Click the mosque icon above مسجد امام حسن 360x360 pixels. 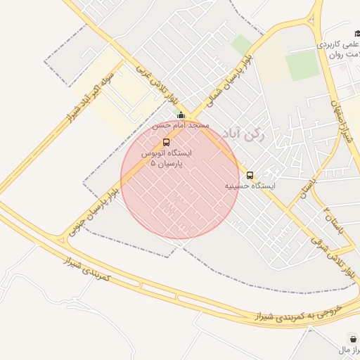(181, 115)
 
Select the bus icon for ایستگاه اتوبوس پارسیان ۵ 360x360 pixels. (166, 142)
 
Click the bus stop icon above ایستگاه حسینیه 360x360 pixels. (250, 175)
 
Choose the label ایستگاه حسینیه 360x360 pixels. (250, 186)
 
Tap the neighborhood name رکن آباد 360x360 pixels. (243, 135)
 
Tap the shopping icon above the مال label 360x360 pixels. (351, 338)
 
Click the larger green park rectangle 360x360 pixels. (302, 65)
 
